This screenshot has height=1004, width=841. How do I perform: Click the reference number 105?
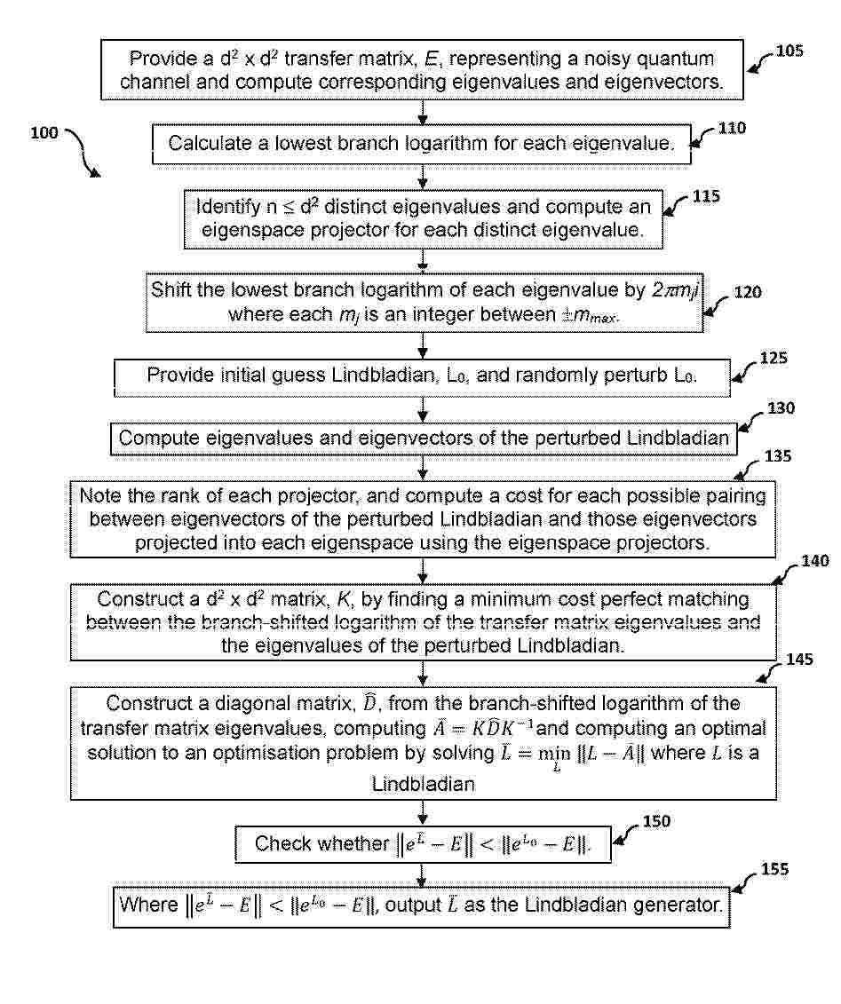point(789,51)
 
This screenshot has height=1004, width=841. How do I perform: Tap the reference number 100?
point(44,133)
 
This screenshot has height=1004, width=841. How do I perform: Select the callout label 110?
point(732,128)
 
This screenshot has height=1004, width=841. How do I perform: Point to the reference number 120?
point(748,293)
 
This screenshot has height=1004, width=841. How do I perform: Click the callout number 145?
point(799,660)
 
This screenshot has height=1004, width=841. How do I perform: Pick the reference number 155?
point(774,870)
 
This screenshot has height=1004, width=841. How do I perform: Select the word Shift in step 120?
point(171,290)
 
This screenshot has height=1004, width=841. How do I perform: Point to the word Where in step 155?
point(148,905)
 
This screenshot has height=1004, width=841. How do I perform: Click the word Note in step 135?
point(100,496)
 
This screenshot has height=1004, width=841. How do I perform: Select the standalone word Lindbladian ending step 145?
point(424,785)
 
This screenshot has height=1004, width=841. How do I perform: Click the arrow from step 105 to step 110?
point(422,112)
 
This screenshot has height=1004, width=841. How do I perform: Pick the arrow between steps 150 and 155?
point(422,874)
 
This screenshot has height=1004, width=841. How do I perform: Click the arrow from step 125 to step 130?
point(422,410)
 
